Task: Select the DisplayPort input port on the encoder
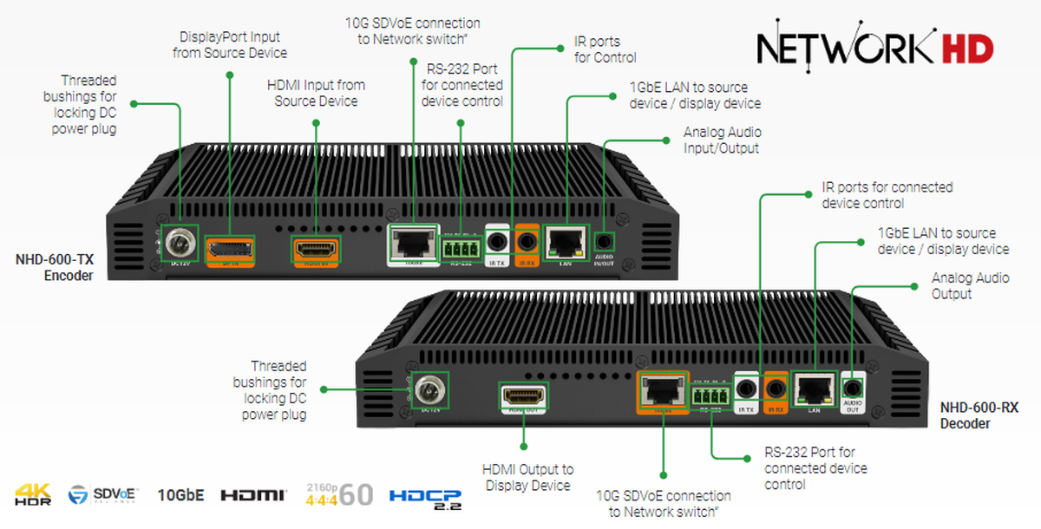point(230,249)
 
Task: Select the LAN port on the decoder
point(815,391)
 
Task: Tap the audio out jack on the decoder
point(854,389)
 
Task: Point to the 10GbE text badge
point(180,495)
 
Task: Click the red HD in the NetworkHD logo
point(967,49)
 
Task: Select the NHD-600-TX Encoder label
point(54,267)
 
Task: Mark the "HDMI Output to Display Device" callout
point(527,477)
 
